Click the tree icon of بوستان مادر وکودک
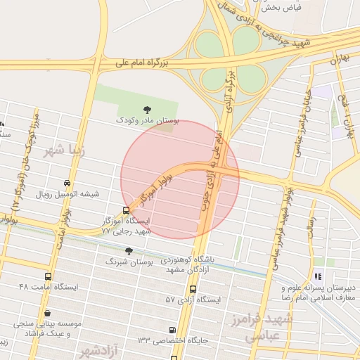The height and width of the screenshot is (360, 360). pyautogui.click(x=147, y=109)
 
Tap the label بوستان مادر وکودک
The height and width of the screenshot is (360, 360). pyautogui.click(x=148, y=122)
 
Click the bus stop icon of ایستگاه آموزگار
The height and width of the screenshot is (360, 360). pyautogui.click(x=126, y=210)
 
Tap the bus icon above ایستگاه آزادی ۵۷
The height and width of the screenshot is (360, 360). pyautogui.click(x=193, y=288)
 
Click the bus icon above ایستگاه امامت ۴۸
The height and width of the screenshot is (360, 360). pyautogui.click(x=48, y=276)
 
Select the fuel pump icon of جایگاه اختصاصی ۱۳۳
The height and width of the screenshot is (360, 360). pyautogui.click(x=173, y=330)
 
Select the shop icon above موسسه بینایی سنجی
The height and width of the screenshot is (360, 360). pyautogui.click(x=47, y=314)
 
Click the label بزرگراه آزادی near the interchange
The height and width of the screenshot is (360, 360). pyautogui.click(x=229, y=86)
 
